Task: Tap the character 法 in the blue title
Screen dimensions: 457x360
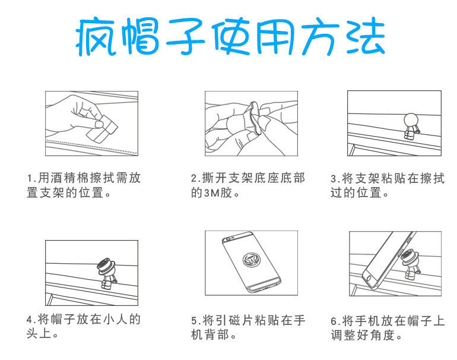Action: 366,36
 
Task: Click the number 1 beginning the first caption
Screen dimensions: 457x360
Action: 30,178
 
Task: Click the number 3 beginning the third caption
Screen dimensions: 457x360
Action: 334,179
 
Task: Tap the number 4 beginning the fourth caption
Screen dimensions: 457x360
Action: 30,320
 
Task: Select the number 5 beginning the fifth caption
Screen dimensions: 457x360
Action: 195,321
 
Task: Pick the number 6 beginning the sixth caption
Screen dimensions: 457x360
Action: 334,321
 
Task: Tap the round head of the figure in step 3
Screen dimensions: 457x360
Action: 411,120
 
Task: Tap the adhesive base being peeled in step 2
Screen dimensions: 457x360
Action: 254,118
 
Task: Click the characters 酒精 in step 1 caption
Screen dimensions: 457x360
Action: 64,178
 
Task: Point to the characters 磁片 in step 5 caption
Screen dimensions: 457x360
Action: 241,320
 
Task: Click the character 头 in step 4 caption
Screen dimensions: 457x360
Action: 32,333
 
